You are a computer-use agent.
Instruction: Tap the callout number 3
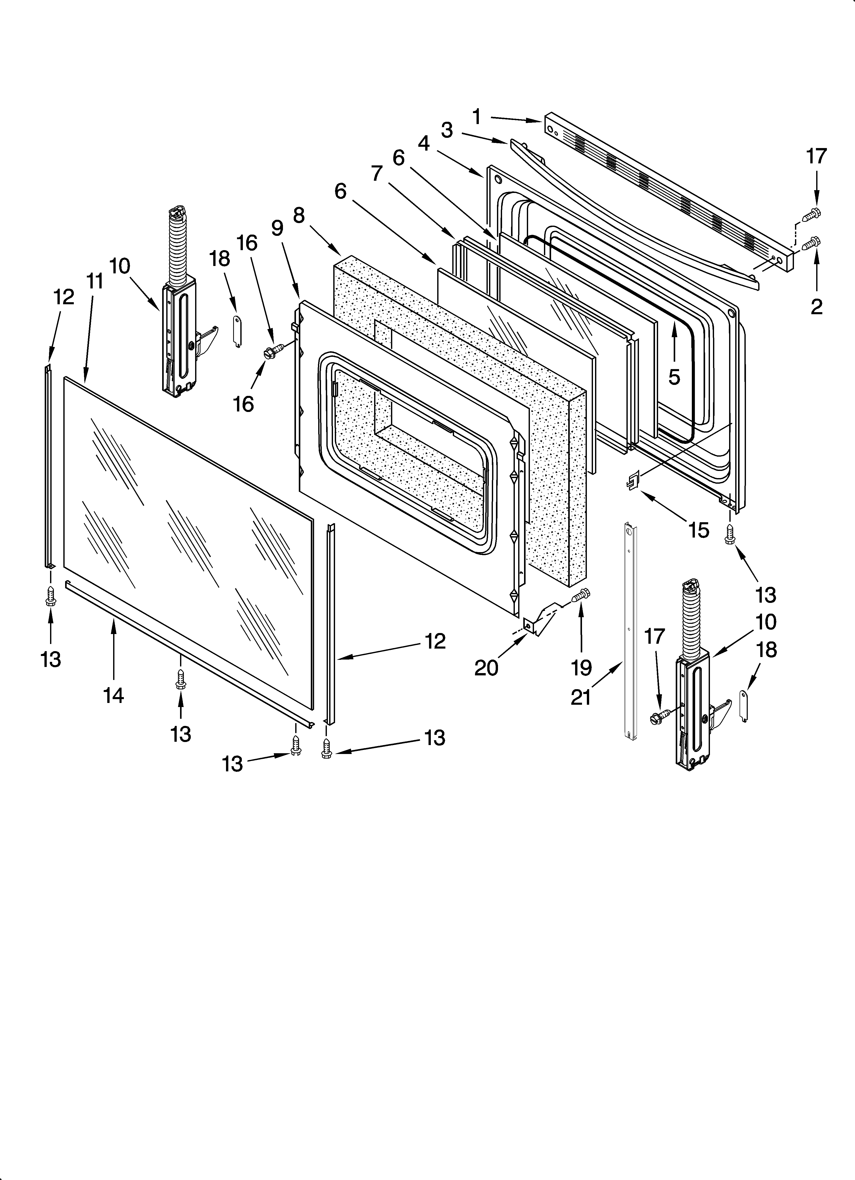click(447, 130)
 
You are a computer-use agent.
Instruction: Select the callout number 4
click(424, 143)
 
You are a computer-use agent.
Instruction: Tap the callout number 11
click(95, 282)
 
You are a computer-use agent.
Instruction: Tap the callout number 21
click(581, 697)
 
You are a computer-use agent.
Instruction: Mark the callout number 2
click(816, 307)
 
